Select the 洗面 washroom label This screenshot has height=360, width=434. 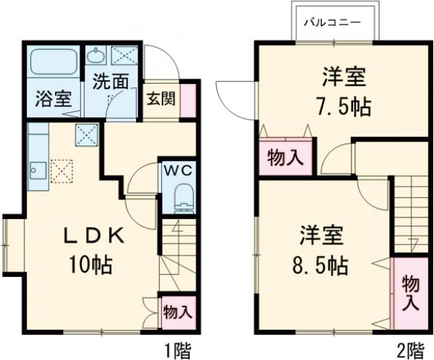(110, 81)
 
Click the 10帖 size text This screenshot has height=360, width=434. (90, 265)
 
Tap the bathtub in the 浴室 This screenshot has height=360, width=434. (55, 64)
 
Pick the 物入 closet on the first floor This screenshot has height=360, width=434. (176, 312)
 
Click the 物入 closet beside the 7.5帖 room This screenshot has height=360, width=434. (285, 157)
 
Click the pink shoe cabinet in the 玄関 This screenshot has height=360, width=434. (188, 100)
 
